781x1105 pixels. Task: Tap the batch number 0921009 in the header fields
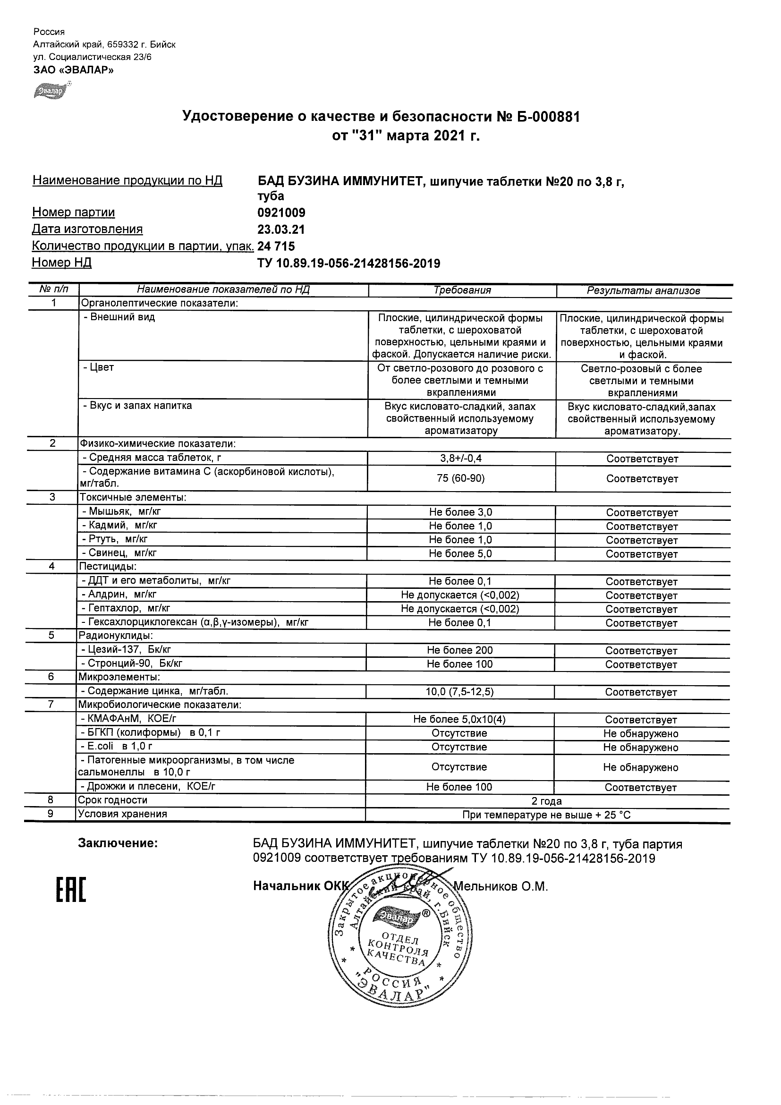[281, 212]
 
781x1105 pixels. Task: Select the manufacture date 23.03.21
[281, 229]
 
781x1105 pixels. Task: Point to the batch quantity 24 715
[276, 246]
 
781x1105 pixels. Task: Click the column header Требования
[462, 290]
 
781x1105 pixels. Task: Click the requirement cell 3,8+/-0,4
[461, 458]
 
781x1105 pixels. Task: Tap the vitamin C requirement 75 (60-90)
[461, 478]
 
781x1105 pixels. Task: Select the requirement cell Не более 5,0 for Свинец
[460, 553]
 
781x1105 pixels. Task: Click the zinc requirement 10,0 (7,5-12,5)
[460, 692]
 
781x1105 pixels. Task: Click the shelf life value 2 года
[546, 801]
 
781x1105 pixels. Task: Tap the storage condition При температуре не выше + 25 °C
[546, 815]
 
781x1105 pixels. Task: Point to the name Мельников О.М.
[501, 886]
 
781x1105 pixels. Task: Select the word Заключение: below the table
[118, 843]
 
